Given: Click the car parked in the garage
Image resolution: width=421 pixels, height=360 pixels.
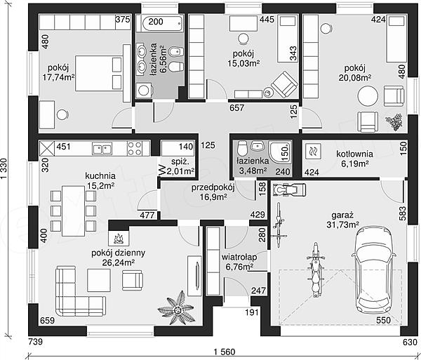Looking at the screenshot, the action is click(374, 270).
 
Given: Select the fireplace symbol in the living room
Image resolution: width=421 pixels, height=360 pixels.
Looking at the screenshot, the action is click(119, 237).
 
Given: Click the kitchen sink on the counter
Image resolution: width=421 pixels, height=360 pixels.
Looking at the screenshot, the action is click(102, 149).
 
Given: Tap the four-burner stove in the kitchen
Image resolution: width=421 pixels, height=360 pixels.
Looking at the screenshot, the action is click(135, 149).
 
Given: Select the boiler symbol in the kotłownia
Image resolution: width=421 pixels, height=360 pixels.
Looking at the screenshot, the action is click(314, 152).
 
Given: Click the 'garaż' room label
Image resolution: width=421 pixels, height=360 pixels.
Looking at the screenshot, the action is click(342, 215).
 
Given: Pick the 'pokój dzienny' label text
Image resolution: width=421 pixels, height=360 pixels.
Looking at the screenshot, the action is click(118, 253).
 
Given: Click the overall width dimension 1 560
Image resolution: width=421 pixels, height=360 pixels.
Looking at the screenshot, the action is click(225, 352).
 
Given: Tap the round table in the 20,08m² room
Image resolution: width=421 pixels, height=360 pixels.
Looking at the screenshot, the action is click(368, 96).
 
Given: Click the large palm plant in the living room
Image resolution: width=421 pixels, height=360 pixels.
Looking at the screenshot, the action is click(176, 309).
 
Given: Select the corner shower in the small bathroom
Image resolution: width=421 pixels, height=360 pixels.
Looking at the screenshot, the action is click(280, 152).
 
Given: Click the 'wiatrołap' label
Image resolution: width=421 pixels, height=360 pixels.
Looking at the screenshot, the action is click(239, 257).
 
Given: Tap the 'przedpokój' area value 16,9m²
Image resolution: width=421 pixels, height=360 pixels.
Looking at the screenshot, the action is click(213, 197).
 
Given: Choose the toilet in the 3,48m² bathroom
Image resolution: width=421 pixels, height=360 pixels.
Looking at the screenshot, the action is click(242, 148).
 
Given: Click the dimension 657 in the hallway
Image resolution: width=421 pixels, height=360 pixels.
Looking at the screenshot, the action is click(237, 108).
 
